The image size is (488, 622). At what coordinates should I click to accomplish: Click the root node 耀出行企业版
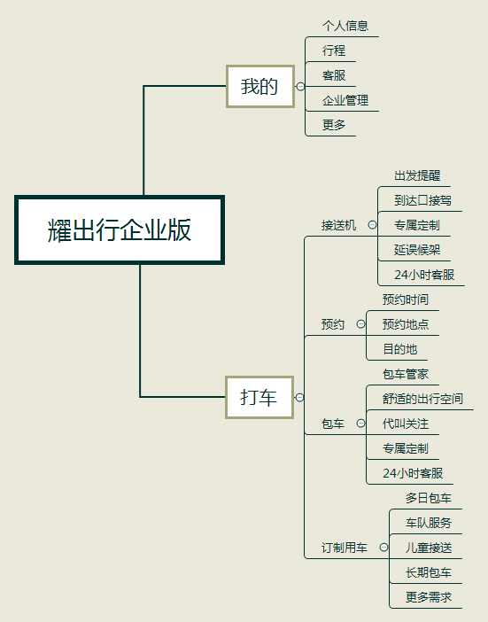(x=120, y=229)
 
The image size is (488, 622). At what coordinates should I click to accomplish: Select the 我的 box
(x=260, y=86)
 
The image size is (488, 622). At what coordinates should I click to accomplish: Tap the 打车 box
(x=259, y=397)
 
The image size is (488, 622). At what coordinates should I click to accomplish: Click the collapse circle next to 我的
(x=300, y=86)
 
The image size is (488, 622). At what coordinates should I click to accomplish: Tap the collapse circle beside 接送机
(x=372, y=224)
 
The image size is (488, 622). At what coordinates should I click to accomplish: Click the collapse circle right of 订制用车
(x=383, y=548)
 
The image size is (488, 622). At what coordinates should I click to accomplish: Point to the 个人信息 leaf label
(x=345, y=26)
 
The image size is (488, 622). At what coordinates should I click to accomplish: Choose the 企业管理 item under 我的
(x=345, y=100)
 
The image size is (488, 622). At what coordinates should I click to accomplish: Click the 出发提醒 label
(x=417, y=175)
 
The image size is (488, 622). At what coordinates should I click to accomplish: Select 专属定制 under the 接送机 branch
(x=417, y=225)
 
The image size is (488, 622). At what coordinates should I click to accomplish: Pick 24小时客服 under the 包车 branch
(x=413, y=473)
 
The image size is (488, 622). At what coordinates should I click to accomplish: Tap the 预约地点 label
(x=406, y=324)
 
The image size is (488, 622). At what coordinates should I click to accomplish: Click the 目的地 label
(x=400, y=349)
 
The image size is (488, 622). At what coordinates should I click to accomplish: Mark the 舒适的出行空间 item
(x=422, y=399)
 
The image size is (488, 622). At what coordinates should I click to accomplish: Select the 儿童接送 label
(x=429, y=548)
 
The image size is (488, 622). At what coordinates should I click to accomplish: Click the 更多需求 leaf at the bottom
(x=429, y=597)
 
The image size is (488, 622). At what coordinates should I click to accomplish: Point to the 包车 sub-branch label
(x=333, y=424)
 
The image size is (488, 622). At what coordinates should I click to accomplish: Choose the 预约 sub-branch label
(x=333, y=324)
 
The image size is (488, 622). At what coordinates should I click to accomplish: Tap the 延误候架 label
(x=417, y=250)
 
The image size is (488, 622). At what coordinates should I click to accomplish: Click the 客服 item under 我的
(x=334, y=75)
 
